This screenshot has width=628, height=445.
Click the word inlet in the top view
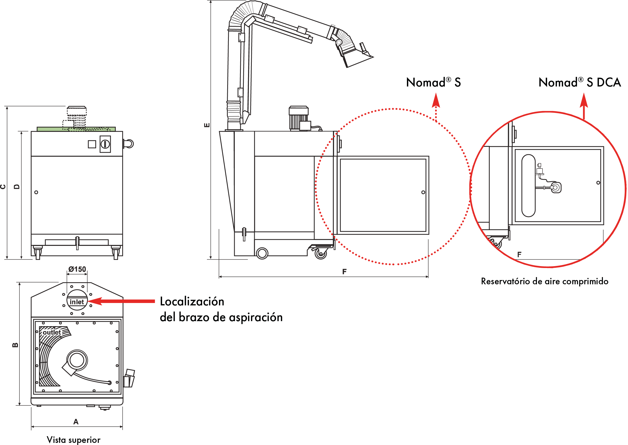77,302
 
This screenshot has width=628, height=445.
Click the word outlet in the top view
52,332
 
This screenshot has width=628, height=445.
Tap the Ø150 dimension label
77,269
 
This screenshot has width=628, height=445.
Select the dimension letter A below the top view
76,422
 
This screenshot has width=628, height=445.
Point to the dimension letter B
15,345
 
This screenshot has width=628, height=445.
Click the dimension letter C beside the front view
3,187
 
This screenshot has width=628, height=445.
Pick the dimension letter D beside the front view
17,187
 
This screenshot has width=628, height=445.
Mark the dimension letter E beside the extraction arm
207,125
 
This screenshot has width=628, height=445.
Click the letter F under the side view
344,271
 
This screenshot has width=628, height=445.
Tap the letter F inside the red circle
519,255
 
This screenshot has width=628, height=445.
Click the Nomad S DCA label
580,82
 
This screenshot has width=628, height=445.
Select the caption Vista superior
73,440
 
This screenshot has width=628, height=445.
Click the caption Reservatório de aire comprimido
545,281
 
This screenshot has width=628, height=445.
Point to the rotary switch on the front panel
105,144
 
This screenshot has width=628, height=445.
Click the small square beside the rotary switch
92,144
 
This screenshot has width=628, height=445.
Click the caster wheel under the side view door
321,253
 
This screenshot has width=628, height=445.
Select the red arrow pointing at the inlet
121,301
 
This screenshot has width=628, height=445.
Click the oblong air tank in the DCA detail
528,186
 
